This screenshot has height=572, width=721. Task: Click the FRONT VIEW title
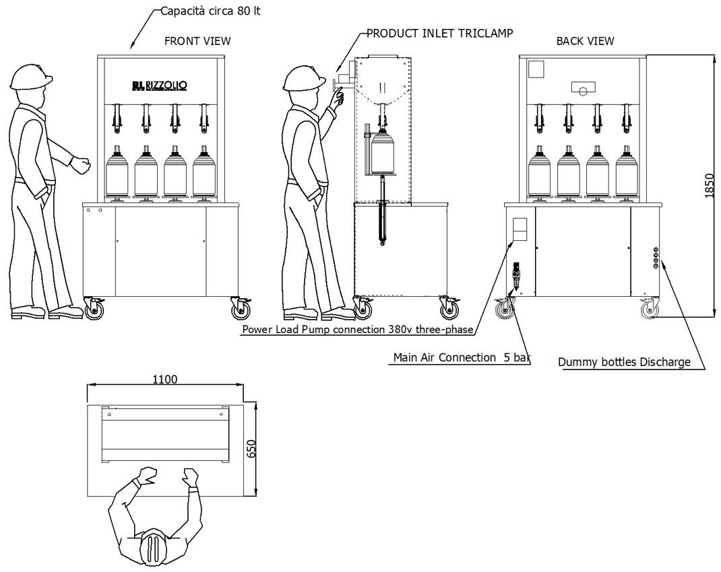tap(197, 41)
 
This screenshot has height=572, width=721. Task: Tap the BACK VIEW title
tap(585, 41)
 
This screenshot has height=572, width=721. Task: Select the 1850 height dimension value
tap(708, 186)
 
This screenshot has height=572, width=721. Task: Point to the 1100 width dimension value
tap(164, 380)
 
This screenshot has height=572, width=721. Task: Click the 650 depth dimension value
tap(251, 449)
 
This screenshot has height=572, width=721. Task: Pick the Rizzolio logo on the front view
tap(160, 85)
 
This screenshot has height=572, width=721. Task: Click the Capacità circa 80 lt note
tap(210, 11)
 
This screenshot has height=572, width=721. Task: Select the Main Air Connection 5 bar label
tap(461, 358)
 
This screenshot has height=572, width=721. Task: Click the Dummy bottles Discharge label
tap(624, 363)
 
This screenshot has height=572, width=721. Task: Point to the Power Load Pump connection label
tap(357, 330)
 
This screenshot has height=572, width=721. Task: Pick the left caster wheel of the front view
tap(94, 309)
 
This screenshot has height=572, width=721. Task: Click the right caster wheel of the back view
tap(650, 309)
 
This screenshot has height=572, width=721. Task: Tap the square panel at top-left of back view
tap(536, 69)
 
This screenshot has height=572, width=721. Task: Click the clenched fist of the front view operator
tap(81, 164)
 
